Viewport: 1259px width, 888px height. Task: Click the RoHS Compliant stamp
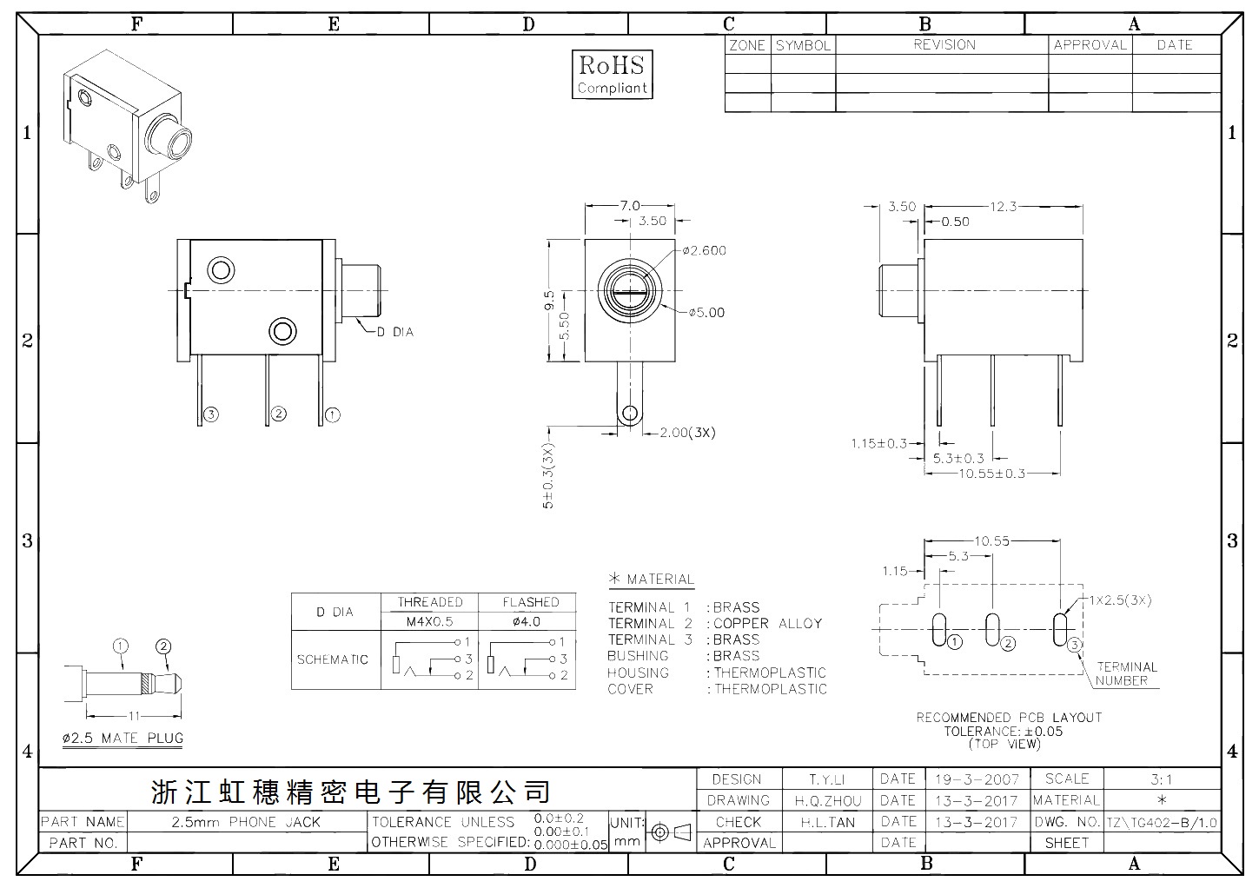(x=612, y=75)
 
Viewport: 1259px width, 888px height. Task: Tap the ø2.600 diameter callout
(x=705, y=250)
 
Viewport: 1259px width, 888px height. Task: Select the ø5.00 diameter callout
(x=706, y=313)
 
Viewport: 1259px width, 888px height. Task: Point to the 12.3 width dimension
(x=1004, y=207)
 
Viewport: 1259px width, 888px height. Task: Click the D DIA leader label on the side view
(x=395, y=332)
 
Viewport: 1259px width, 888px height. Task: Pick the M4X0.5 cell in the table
(x=429, y=621)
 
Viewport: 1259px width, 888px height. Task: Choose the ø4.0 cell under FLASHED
(x=527, y=621)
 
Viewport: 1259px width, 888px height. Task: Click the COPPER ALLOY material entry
(x=767, y=623)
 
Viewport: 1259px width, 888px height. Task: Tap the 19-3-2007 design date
(x=977, y=779)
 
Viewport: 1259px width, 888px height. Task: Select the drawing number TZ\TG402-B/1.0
(x=1162, y=824)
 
